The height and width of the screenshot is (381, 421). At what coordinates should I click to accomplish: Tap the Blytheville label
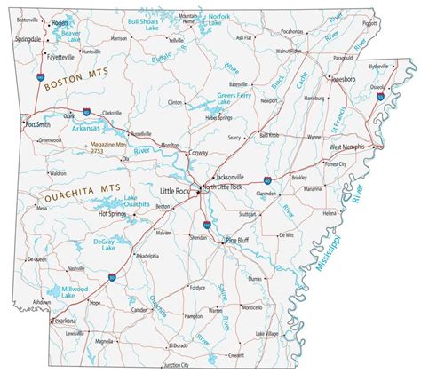pos(378,66)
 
